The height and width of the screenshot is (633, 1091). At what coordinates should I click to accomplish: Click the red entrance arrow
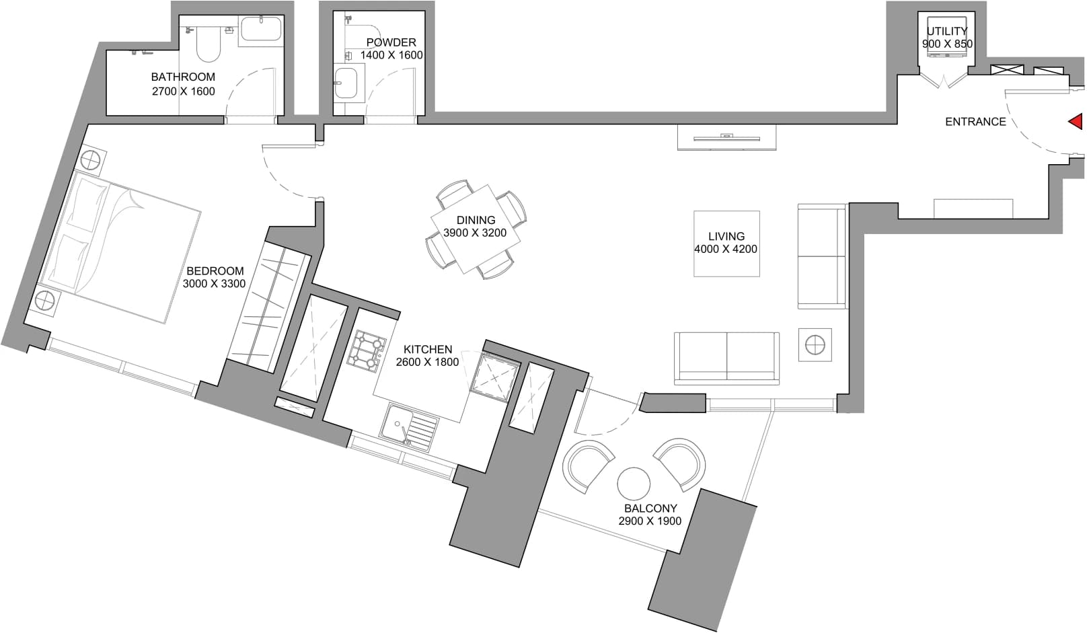pyautogui.click(x=1077, y=121)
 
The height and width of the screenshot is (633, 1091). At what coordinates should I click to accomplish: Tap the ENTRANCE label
pyautogui.click(x=975, y=122)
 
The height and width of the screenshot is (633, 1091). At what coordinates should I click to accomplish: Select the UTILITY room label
pyautogui.click(x=947, y=32)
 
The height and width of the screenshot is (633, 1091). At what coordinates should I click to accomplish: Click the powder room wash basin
pyautogui.click(x=346, y=83)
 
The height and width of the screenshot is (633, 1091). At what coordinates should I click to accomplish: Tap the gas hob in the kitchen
pyautogui.click(x=367, y=351)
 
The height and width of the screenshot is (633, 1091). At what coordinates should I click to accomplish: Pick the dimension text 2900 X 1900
pyautogui.click(x=650, y=521)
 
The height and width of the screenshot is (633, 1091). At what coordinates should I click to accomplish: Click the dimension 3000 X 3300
pyautogui.click(x=214, y=283)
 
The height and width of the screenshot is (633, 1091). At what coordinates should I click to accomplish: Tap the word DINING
pyautogui.click(x=476, y=220)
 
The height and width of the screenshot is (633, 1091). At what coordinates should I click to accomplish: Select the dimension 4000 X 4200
pyautogui.click(x=726, y=249)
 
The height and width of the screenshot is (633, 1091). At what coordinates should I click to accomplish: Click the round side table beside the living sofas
pyautogui.click(x=815, y=345)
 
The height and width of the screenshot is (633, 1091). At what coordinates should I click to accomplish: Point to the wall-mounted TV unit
pyautogui.click(x=726, y=138)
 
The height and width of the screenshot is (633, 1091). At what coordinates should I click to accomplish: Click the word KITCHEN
pyautogui.click(x=428, y=349)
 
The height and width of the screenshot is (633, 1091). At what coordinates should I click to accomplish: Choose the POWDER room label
pyautogui.click(x=391, y=42)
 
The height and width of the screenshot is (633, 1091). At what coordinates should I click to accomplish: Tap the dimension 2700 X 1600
pyautogui.click(x=183, y=91)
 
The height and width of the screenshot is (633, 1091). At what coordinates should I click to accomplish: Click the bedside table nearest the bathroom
pyautogui.click(x=92, y=160)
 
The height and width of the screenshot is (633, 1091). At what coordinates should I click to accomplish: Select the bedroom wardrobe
pyautogui.click(x=269, y=307)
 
